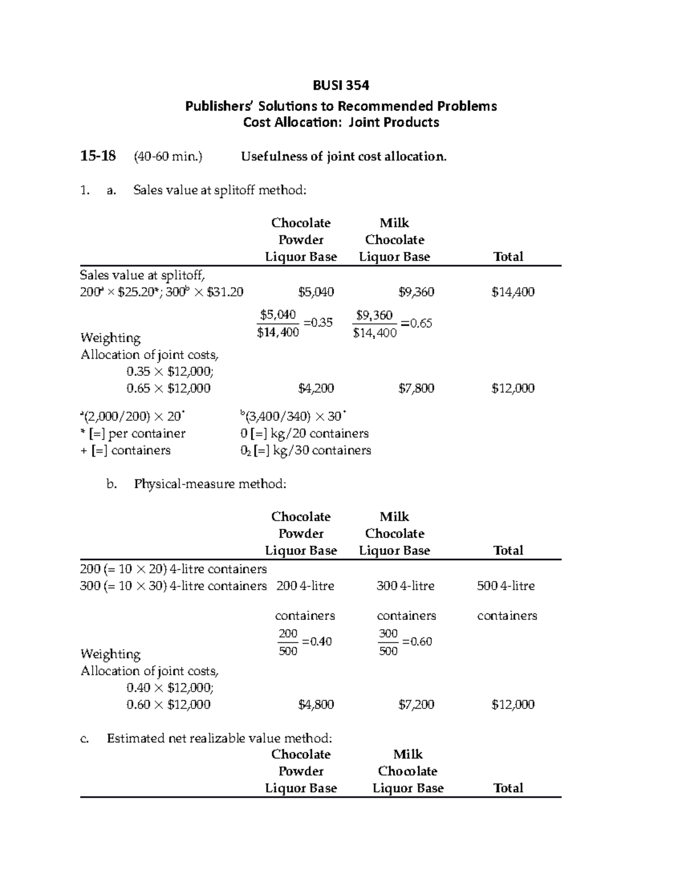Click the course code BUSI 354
coord(341,85)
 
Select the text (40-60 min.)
coord(168,156)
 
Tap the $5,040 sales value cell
coord(316,292)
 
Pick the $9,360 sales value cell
coord(416,292)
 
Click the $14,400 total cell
coord(513,292)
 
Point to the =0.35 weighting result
coord(318,323)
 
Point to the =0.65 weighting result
coord(417,324)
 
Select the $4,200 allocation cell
coord(316,388)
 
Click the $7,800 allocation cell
coord(416,388)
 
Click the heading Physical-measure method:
coord(210,484)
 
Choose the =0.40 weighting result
coord(317,641)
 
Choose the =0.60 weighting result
coord(417,642)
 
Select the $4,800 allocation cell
coord(316,704)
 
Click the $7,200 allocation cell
coord(416,704)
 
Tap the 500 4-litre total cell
coord(506,586)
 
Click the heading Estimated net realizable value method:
coord(219,738)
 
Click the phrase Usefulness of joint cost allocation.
coord(344,156)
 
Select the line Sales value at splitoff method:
coord(219,190)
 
